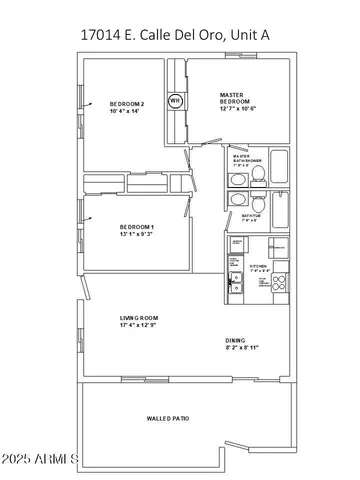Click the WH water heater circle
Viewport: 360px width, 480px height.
pos(175,100)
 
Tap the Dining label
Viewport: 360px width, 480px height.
pos(236,341)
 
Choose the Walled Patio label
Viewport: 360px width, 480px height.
pos(167,418)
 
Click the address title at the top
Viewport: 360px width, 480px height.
pos(178,36)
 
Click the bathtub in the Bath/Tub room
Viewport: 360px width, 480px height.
pos(279,212)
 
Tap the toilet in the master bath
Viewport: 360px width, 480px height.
pos(257,178)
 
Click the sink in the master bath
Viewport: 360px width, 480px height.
pos(236,180)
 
